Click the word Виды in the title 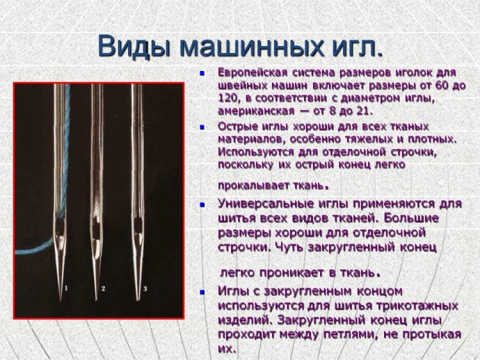[x=134, y=47]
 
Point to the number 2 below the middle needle [x=103, y=288]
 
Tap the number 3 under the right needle [x=145, y=288]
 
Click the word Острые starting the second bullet [x=237, y=127]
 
